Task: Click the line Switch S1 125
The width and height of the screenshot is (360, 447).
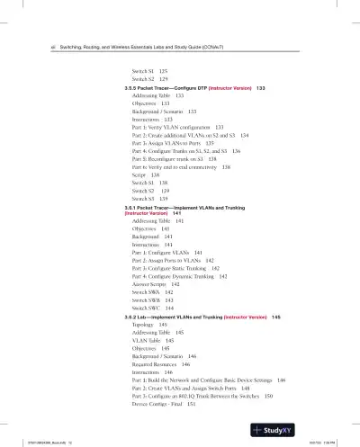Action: point(149,69)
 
